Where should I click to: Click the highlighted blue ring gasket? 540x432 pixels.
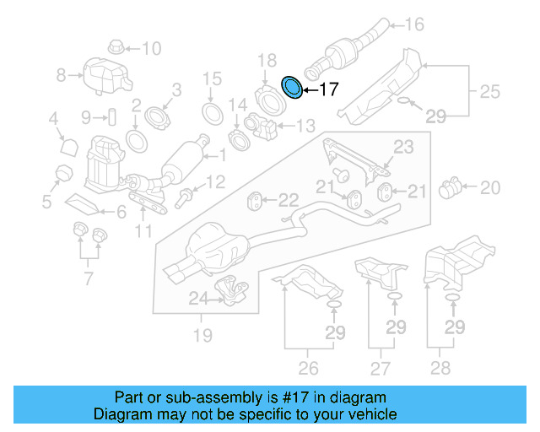point(292,87)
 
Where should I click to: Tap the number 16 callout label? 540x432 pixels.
point(414,24)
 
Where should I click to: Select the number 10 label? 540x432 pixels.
point(150,48)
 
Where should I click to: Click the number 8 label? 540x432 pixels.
point(61,76)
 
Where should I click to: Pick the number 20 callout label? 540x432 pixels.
point(490,186)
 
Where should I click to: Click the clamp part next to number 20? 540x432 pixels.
point(451,185)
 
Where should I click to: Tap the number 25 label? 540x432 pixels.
point(490,90)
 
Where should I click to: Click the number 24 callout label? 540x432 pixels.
point(197,297)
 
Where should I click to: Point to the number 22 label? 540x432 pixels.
point(289,200)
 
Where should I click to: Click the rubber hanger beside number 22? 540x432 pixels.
point(253,201)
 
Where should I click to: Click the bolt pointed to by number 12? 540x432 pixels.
point(186,199)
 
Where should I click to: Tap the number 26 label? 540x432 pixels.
point(309,367)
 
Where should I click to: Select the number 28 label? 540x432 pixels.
point(440,367)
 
